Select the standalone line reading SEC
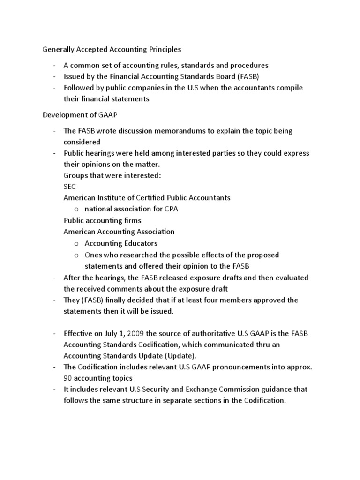pos(70,187)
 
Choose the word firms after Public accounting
pos(132,220)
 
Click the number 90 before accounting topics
pos(68,378)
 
